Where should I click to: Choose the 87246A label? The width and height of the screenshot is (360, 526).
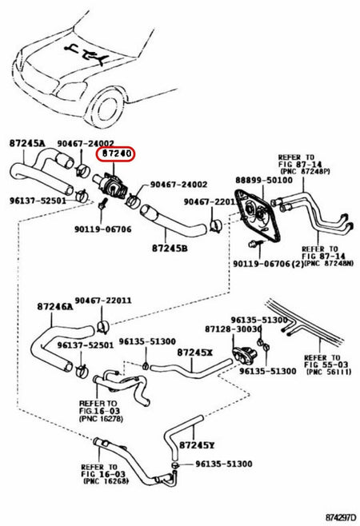pos(54,305)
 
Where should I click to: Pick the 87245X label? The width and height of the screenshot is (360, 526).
pos(195,352)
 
